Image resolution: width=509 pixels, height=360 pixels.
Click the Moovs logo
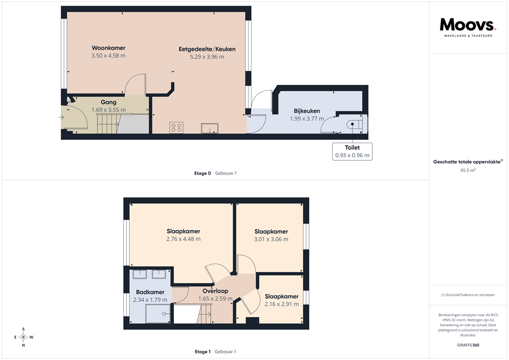(467, 26)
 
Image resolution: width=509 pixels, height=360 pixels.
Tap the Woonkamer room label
(108, 48)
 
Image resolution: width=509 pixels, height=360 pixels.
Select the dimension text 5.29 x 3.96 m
(207, 57)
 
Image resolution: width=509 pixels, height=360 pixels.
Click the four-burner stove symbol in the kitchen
(176, 127)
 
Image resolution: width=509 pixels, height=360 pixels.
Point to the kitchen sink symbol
(210, 128)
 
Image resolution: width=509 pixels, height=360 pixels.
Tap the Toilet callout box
(352, 151)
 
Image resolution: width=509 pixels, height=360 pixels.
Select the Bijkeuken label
(307, 111)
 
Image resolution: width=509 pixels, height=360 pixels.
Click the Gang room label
(108, 102)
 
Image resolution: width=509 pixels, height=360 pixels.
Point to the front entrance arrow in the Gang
(61, 117)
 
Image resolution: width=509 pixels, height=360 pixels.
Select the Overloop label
(215, 291)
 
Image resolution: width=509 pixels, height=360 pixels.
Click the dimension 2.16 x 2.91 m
(282, 304)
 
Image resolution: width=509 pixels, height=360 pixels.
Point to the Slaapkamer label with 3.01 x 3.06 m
(271, 232)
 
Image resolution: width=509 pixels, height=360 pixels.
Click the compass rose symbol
(23, 337)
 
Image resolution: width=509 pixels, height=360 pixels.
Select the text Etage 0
(202, 174)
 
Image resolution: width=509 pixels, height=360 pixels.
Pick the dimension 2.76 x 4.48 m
(183, 239)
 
